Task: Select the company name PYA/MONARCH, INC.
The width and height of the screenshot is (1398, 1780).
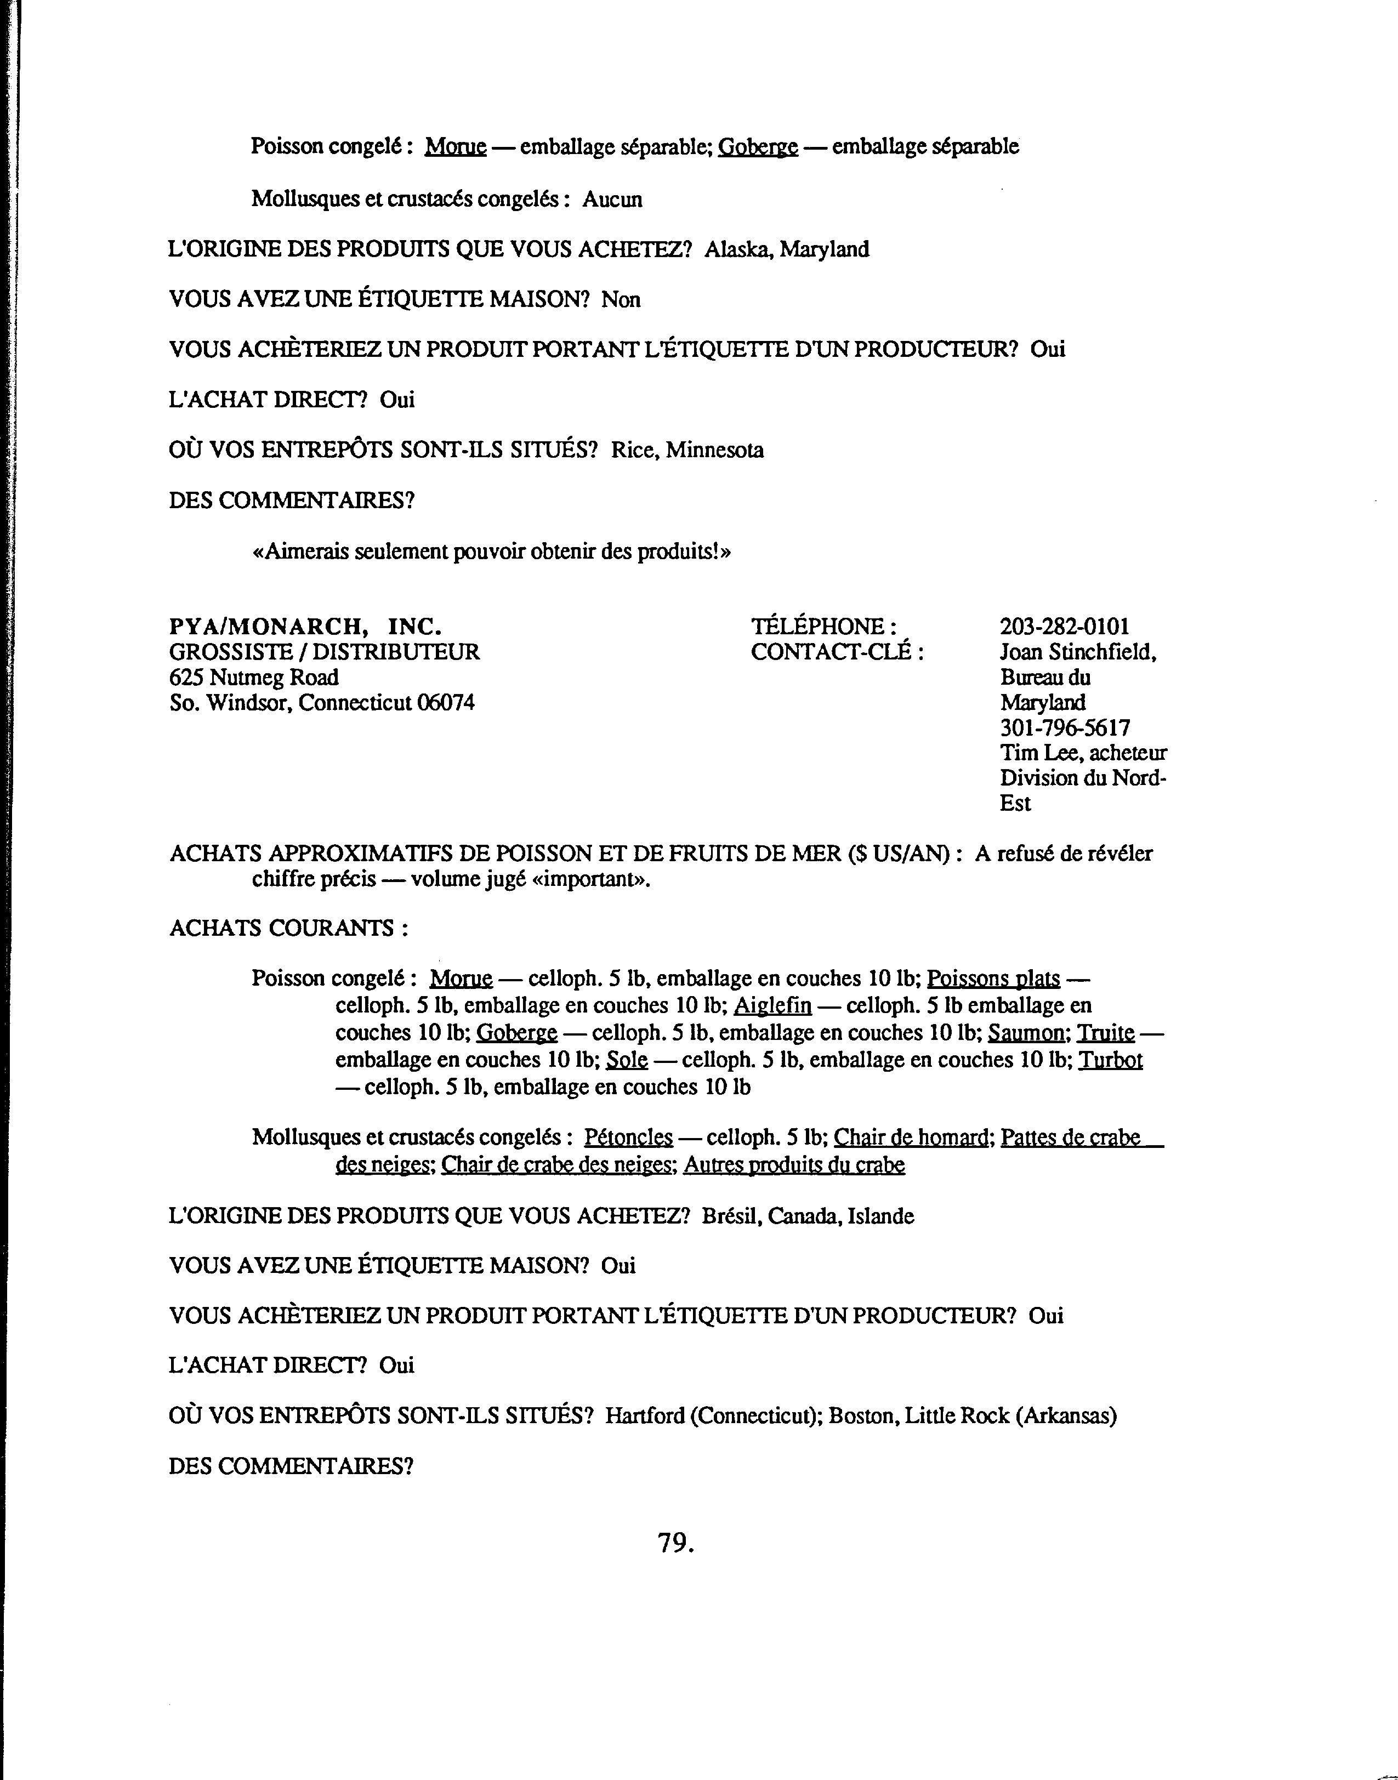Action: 305,627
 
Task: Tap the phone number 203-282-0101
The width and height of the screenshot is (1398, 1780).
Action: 1064,627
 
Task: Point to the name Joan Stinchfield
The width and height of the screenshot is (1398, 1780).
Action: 1077,652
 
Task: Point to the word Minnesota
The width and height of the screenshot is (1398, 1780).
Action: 714,450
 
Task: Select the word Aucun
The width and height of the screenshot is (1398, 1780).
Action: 612,199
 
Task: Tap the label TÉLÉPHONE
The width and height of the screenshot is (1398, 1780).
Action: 823,627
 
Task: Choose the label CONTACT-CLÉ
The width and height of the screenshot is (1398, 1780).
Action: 837,652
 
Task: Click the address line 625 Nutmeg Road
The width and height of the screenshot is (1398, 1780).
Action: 254,678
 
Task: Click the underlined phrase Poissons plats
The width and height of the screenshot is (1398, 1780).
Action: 993,979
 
